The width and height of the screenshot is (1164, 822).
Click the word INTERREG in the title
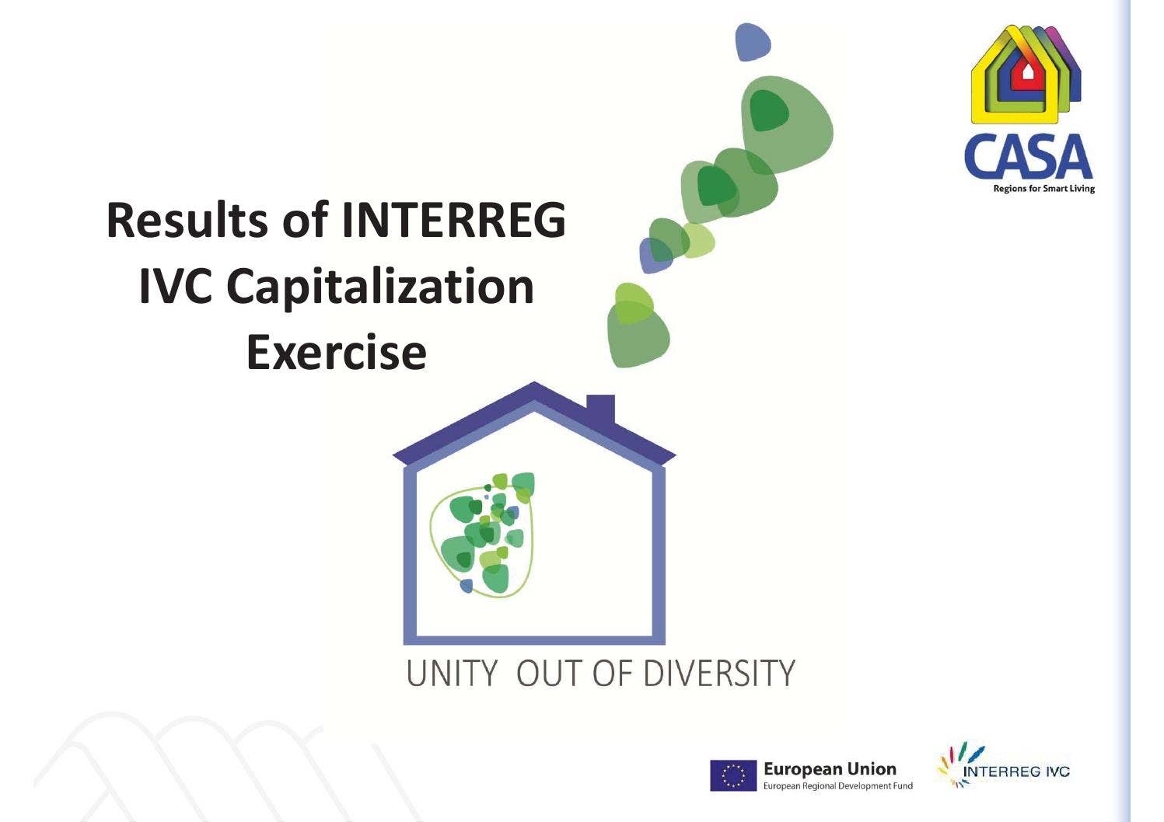(454, 220)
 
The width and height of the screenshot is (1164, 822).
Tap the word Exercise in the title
(336, 352)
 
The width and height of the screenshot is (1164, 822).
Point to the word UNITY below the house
(452, 673)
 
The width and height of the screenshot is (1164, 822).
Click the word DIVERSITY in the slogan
(720, 673)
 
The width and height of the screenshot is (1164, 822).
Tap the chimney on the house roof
(600, 409)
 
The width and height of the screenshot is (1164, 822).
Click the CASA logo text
(1028, 158)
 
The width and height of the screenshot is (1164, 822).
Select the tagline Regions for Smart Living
(1043, 189)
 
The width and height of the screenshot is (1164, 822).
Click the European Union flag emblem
(732, 775)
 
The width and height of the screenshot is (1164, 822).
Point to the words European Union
(830, 769)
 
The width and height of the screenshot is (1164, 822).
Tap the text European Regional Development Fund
(838, 786)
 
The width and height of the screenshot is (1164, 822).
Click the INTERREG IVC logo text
(1016, 771)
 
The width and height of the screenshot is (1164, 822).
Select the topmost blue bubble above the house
(752, 42)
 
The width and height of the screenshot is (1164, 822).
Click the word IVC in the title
(176, 287)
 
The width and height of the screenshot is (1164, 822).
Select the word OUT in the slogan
(549, 673)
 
